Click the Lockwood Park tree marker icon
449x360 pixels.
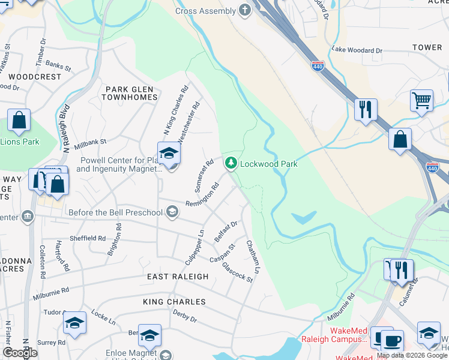(231, 163)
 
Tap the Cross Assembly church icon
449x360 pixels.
(244, 10)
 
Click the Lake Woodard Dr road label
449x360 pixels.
(357, 50)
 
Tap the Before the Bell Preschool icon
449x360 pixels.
(172, 211)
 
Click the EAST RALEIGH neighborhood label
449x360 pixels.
(178, 277)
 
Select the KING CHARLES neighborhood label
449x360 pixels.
(174, 302)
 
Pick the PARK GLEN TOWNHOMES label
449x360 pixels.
(131, 93)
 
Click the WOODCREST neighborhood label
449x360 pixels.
(35, 77)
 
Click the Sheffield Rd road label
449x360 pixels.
(87, 238)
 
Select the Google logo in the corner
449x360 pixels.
(20, 353)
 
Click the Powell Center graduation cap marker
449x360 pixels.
(169, 154)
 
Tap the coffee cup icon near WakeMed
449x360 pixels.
(391, 341)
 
